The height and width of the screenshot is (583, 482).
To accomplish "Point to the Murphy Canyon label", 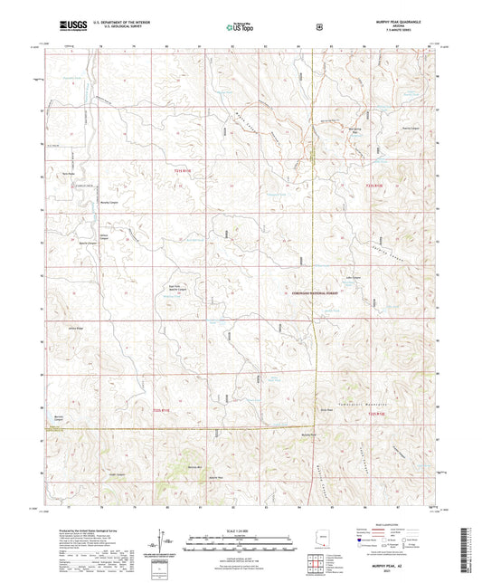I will tap(109, 202).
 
